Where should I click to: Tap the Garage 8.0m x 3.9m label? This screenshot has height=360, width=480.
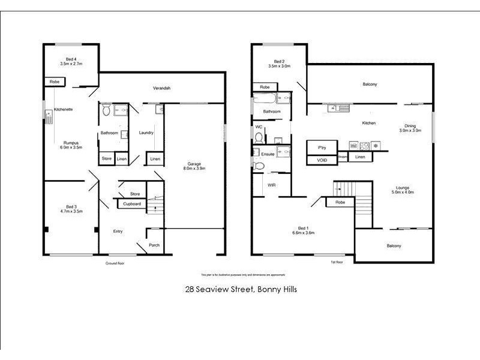(x=193, y=166)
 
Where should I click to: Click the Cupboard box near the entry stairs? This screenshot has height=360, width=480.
(x=132, y=204)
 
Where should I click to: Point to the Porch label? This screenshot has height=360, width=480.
(x=154, y=245)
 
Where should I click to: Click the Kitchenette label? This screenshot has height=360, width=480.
(x=64, y=110)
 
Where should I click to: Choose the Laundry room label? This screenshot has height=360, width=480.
(x=146, y=133)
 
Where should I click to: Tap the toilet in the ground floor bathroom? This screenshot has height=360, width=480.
(x=107, y=110)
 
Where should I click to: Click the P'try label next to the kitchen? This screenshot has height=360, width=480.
(x=322, y=146)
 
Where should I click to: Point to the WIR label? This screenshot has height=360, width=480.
(x=272, y=185)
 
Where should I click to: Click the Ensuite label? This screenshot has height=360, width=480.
(x=268, y=154)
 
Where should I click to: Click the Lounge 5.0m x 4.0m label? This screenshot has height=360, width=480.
(x=402, y=190)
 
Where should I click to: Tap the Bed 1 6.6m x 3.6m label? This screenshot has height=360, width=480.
(x=303, y=230)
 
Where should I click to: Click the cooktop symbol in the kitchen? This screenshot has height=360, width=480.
(x=364, y=146)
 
